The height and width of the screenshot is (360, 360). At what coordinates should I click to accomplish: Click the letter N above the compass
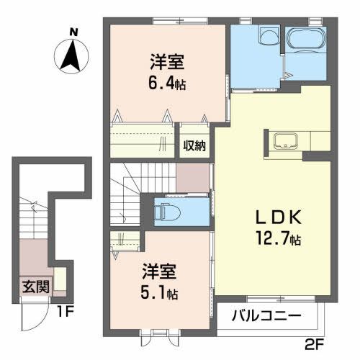(x=72, y=32)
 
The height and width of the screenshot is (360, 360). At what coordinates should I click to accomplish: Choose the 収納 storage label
(x=193, y=145)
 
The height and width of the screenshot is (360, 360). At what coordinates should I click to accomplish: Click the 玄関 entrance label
(x=35, y=286)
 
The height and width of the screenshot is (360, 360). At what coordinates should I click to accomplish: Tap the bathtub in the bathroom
(x=306, y=43)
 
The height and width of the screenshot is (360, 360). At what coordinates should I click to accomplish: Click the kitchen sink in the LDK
(x=283, y=142)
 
